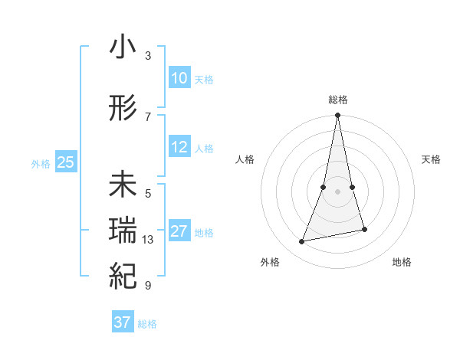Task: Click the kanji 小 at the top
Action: [123, 47]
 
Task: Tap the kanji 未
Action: [123, 186]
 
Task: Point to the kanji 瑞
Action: [123, 232]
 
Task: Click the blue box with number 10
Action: [179, 78]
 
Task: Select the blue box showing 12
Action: [179, 147]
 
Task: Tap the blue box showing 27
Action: [179, 231]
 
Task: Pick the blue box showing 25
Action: [65, 162]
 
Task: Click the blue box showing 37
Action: [122, 322]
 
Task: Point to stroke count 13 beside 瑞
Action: [148, 240]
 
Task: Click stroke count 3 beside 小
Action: [148, 55]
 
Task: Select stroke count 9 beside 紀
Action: [148, 286]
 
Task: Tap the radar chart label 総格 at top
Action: [338, 100]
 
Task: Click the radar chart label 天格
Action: [432, 159]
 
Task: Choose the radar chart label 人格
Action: [245, 159]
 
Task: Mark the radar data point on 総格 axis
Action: [338, 115]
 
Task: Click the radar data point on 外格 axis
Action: [302, 242]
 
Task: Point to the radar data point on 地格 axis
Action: [364, 229]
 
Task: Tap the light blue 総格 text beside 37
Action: [147, 324]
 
